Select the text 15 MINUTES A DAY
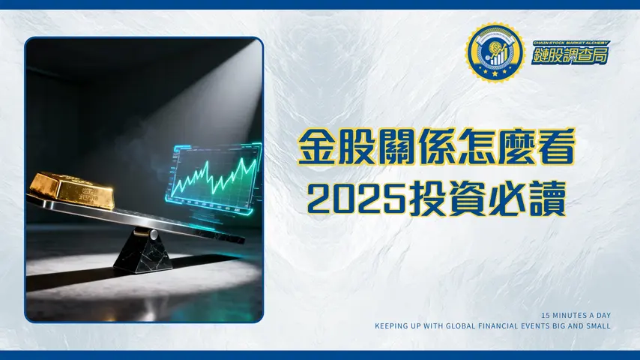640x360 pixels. click(576, 316)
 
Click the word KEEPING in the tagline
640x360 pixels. click(393, 326)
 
